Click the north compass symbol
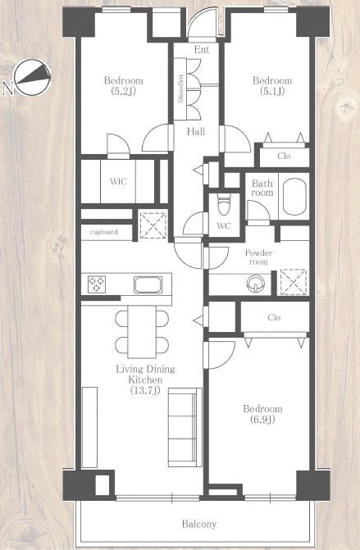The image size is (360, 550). tap(32, 78)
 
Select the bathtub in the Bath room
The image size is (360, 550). tap(294, 197)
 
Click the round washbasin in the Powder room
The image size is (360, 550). tap(256, 284)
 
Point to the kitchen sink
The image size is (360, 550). tap(148, 284)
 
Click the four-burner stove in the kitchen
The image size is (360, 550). tap(97, 284)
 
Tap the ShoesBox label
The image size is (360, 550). tap(181, 89)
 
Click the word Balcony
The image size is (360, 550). tap(199, 524)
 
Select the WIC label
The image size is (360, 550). tap(118, 181)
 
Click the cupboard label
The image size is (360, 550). tap(103, 232)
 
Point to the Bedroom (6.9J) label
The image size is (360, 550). tap(262, 414)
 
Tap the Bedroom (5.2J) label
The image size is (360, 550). tap(124, 85)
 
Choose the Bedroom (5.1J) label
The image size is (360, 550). tap(272, 85)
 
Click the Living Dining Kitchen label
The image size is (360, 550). tap(145, 380)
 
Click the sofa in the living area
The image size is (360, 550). tap(185, 427)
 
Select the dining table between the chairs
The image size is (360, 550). tap(142, 331)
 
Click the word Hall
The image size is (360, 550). tap(196, 131)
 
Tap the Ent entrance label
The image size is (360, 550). tap(202, 49)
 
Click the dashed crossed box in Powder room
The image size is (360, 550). tap(294, 282)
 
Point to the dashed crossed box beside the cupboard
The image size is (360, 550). tap(153, 225)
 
